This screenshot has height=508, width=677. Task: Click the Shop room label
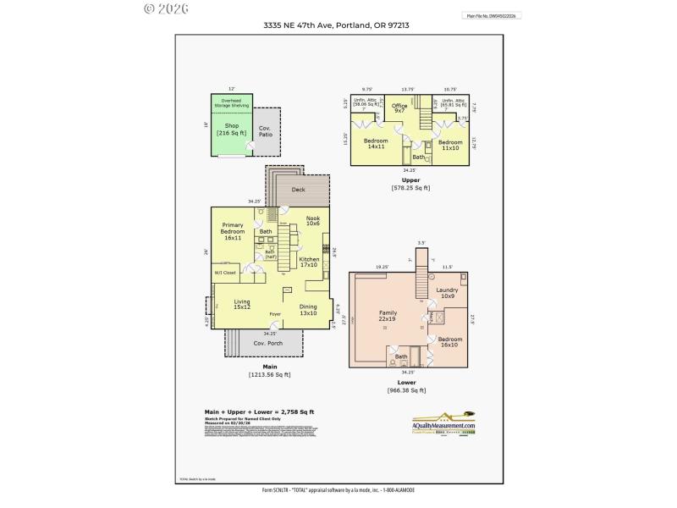coord(230,129)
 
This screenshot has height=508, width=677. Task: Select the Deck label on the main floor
coord(298,190)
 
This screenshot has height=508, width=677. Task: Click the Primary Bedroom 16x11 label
coord(234,231)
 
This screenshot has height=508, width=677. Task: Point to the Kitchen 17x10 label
coord(309,262)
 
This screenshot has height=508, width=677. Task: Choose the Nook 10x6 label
coord(312,221)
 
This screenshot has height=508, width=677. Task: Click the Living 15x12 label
coord(242,304)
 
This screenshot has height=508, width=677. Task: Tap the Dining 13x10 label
coord(308,310)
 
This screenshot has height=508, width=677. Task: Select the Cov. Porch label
coord(267,343)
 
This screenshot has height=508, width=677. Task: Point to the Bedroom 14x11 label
coord(376,144)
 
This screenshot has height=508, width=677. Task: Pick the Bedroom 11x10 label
coord(450,145)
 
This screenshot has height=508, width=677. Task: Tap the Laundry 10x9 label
coord(447,293)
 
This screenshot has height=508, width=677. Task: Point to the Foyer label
coord(275,314)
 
